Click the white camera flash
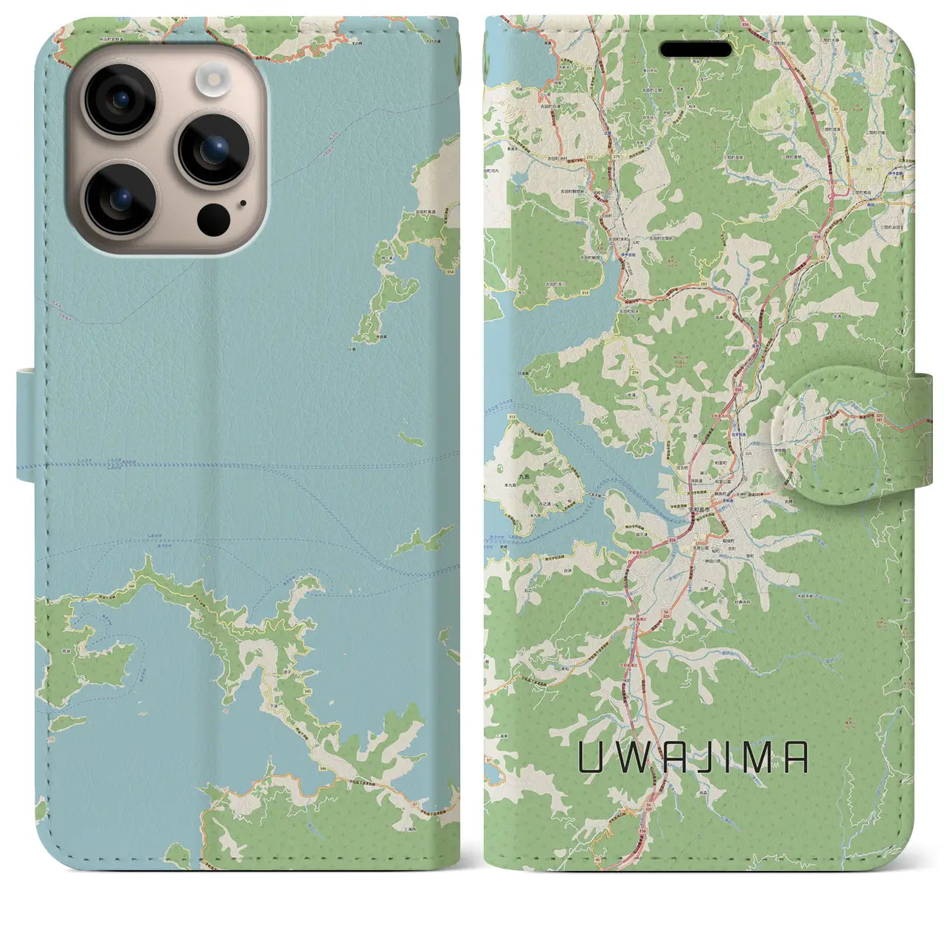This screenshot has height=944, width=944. point(213,80)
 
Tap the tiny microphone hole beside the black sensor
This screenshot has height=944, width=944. point(243,203)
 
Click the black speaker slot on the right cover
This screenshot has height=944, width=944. point(695,49)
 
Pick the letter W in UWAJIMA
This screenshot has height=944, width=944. point(629,757)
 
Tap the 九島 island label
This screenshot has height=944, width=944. point(504,477)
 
